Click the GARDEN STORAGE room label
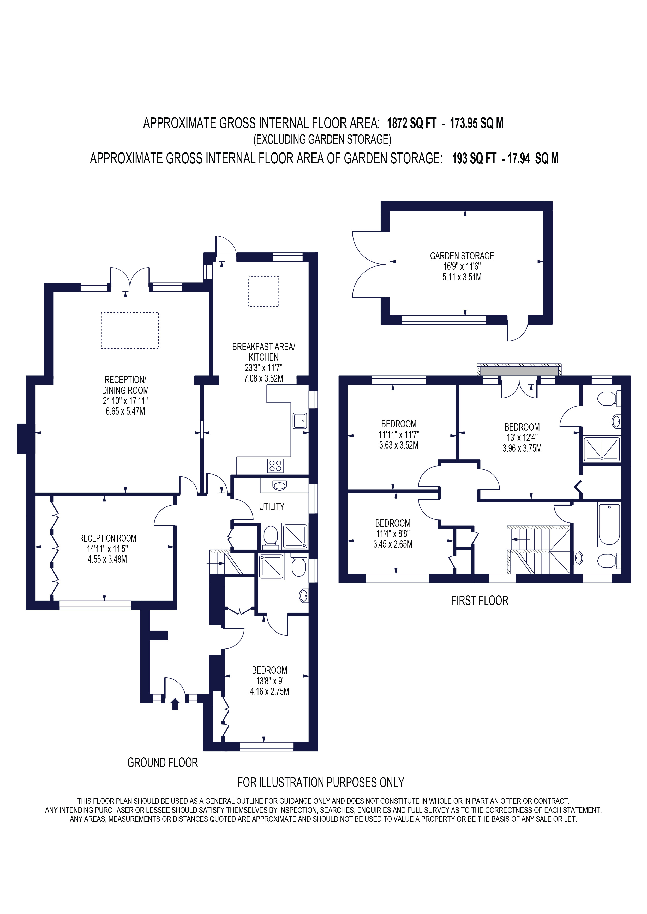tap(462, 256)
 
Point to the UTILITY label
tap(272, 506)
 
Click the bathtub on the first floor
tap(609, 524)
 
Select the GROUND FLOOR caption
tap(163, 763)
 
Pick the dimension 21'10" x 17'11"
tap(125, 401)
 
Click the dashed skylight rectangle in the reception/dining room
tap(130, 331)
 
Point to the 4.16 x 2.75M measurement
tap(270, 691)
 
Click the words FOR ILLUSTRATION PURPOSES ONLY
tap(321, 783)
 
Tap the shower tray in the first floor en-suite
tap(602, 449)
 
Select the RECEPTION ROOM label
tap(107, 538)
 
